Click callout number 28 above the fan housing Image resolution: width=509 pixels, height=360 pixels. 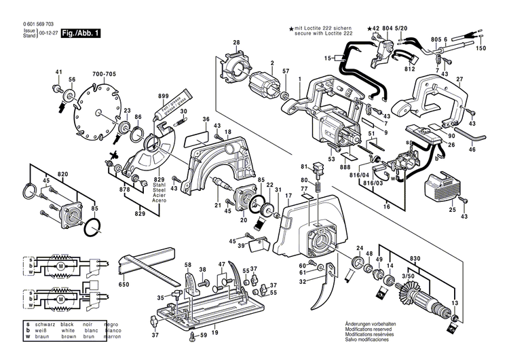236,43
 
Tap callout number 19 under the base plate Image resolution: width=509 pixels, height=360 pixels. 214,333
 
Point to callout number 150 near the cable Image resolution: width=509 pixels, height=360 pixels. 481,49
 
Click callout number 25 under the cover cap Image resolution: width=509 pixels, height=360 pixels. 451,210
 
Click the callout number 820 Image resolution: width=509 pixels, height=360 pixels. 64,174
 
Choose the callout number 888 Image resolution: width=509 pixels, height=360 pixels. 345,166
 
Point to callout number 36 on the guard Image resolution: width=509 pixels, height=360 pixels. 206,120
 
